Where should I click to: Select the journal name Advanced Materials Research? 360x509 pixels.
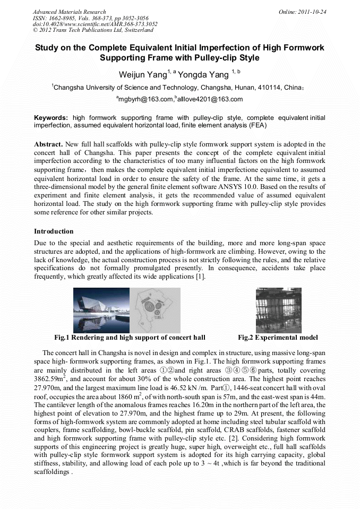tap(69, 12)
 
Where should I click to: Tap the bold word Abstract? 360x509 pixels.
tap(48, 144)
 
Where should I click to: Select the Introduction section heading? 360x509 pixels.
tap(54, 231)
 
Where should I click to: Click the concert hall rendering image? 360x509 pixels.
tap(101, 310)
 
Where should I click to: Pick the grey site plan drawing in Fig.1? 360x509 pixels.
tap(155, 310)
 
